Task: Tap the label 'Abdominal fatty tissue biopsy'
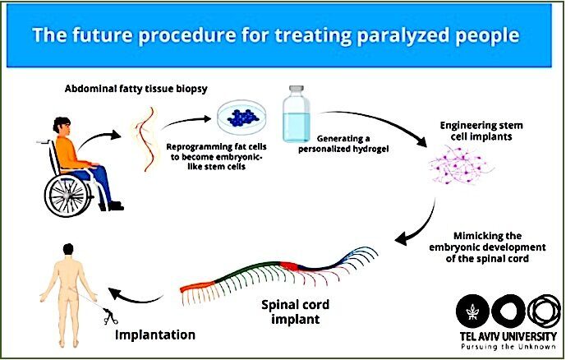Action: (x=136, y=89)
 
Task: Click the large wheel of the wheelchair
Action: (x=68, y=195)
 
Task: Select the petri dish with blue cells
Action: (x=241, y=118)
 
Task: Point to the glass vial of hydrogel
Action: (x=297, y=113)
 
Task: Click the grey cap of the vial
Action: (x=297, y=89)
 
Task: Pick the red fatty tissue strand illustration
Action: (x=146, y=139)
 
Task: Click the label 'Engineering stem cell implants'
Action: (x=481, y=131)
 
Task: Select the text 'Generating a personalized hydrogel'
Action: (x=343, y=144)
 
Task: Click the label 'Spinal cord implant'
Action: (x=295, y=312)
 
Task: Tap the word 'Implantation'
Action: (x=155, y=335)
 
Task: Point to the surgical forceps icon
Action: (x=109, y=316)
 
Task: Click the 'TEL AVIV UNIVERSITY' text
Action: (x=508, y=336)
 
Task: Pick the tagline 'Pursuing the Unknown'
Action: (x=508, y=347)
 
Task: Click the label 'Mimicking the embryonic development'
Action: (x=487, y=242)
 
